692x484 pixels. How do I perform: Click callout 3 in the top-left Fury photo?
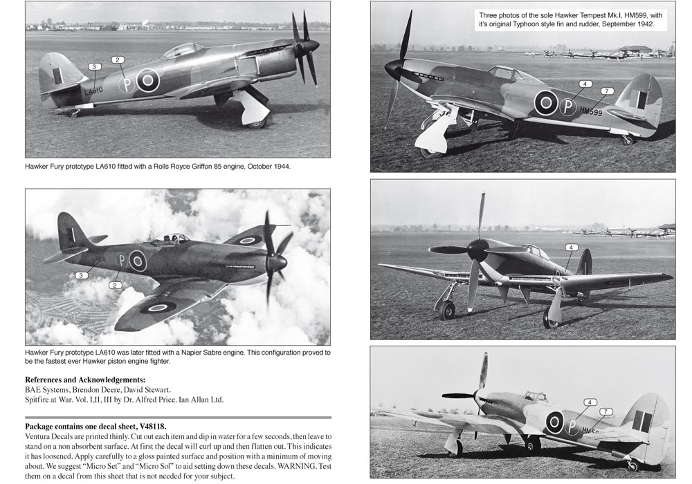pos(95,66)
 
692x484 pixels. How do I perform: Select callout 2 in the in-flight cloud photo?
pos(116,284)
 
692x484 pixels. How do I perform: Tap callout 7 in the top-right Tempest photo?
pos(606,91)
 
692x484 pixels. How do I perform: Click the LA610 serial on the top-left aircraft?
pos(93,90)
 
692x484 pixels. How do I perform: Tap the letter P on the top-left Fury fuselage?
pos(126,85)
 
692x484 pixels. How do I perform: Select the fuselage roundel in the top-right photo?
pos(546,104)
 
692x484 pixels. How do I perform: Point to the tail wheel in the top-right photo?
pos(628,140)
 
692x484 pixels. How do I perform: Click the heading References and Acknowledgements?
pos(85,380)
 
